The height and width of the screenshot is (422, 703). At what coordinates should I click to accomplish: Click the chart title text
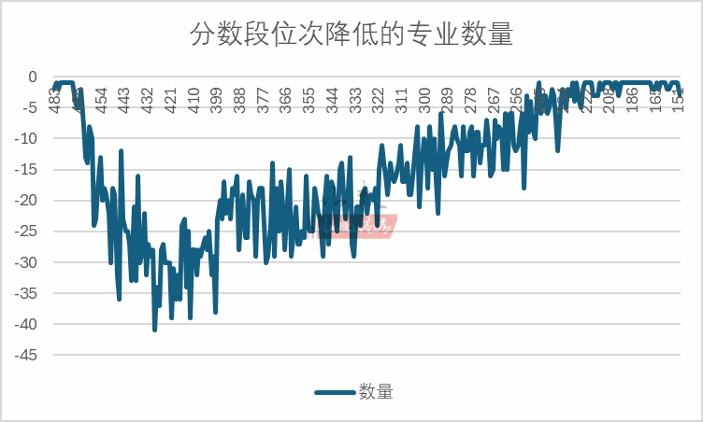coord(351,35)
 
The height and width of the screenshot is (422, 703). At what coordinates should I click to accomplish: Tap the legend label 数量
coord(376,392)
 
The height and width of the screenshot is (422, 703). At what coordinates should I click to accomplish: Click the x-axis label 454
coord(101,98)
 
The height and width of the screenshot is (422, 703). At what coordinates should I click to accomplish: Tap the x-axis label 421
coord(170,98)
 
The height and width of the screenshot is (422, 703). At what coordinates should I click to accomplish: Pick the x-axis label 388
coord(239,98)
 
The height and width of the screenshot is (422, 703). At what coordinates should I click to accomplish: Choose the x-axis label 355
coord(308,98)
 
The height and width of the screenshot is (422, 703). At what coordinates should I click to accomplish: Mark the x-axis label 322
coord(378,98)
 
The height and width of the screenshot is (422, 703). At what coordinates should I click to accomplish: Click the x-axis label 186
coord(631,98)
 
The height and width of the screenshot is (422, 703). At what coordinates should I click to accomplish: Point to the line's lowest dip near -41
coord(155,329)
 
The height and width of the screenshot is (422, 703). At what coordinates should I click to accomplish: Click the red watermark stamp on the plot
coord(360,224)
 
